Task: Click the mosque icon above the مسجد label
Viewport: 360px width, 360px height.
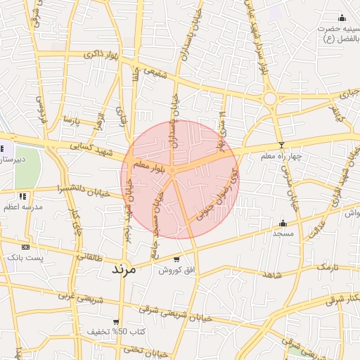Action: pos(283,222)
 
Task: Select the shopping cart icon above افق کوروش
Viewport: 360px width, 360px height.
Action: pos(176,259)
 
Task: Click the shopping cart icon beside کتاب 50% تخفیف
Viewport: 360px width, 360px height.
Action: pos(123,330)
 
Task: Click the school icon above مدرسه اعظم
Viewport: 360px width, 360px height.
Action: pos(22,196)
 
